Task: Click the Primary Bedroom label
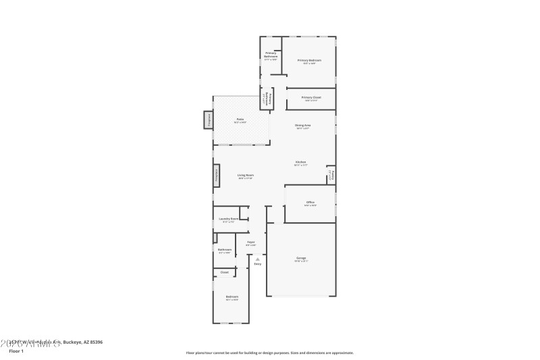point(310,60)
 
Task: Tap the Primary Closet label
point(311,97)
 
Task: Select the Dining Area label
point(302,125)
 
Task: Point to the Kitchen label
point(301,161)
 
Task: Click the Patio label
point(240,120)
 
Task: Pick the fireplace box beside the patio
point(209,120)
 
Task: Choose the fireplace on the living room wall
point(217,176)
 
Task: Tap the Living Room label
point(245,175)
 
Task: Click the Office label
point(310,202)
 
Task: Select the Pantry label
point(331,174)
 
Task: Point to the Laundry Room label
point(229,219)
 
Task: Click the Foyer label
point(250,241)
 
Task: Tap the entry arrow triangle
point(257,258)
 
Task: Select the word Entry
point(257,263)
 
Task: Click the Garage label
point(301,257)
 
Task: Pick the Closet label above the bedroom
point(224,272)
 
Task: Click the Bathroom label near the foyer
point(225,249)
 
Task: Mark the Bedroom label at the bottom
point(232,296)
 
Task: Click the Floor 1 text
point(16,351)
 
